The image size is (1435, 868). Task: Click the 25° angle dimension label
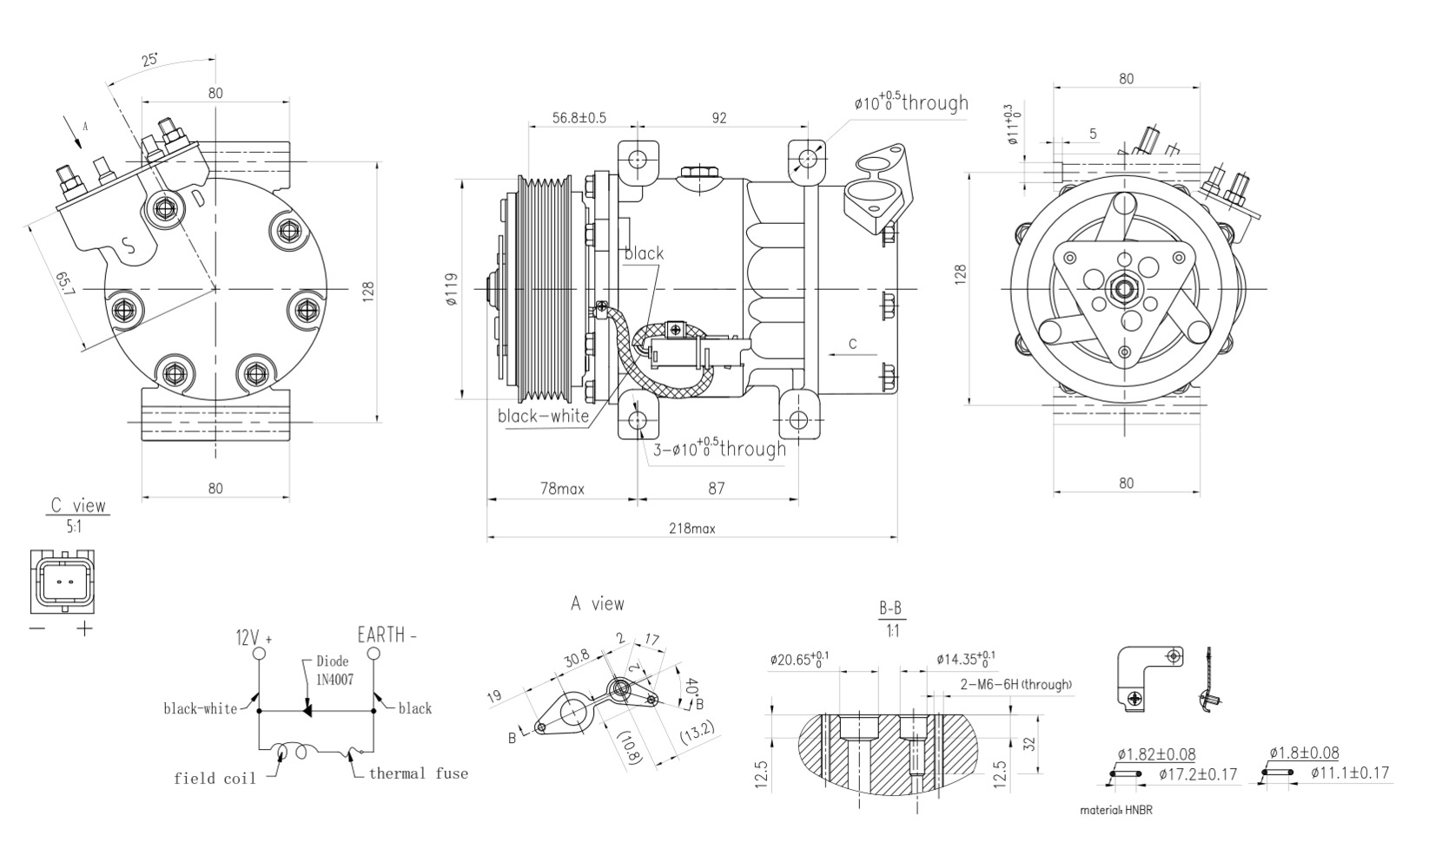point(149,60)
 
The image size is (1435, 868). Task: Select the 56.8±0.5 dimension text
point(579,118)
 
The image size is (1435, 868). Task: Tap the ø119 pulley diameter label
point(450,292)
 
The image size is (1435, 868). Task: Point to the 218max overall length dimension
point(691,529)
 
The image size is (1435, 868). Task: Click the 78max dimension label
point(562,489)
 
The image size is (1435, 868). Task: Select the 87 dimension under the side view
point(716,489)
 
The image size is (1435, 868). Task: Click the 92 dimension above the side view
point(719,118)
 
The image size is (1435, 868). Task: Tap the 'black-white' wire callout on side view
point(543,416)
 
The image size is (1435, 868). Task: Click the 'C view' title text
point(78,505)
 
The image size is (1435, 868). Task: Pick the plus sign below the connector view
point(84,628)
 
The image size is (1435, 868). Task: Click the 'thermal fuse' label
point(418,773)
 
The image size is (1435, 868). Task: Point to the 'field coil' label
point(215,779)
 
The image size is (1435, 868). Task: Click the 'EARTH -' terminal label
point(387,635)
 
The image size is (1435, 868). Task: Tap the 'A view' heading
point(597,603)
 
